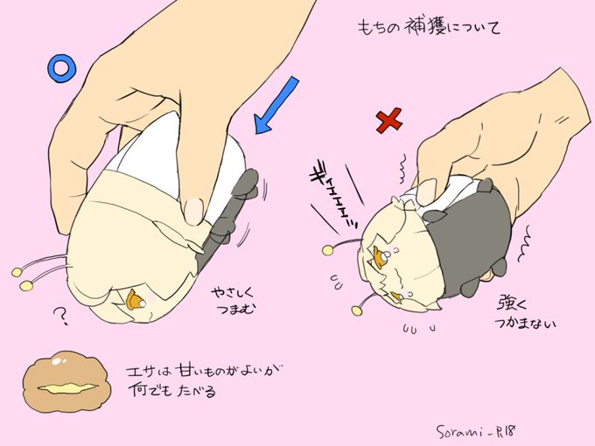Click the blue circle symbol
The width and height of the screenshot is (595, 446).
pyautogui.click(x=62, y=68)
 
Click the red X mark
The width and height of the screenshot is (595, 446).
pyautogui.click(x=389, y=121)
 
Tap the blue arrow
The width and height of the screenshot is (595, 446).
pyautogui.click(x=276, y=105)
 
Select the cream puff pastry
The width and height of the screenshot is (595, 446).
pyautogui.click(x=66, y=382)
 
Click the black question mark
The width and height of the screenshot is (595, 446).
pyautogui.click(x=60, y=316)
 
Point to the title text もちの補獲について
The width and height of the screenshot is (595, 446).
pyautogui.click(x=429, y=28)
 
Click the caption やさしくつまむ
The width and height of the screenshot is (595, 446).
pyautogui.click(x=232, y=301)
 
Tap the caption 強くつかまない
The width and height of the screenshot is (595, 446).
pyautogui.click(x=525, y=314)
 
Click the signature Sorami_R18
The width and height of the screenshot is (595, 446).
pyautogui.click(x=476, y=431)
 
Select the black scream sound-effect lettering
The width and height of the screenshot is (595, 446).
pyautogui.click(x=334, y=199)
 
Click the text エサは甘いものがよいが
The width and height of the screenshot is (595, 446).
pyautogui.click(x=206, y=372)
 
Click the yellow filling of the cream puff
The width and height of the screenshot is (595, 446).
pyautogui.click(x=67, y=388)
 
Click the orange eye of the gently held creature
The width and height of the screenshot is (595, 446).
pyautogui.click(x=136, y=299)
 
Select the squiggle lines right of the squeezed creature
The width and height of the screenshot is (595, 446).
pyautogui.click(x=525, y=244)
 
